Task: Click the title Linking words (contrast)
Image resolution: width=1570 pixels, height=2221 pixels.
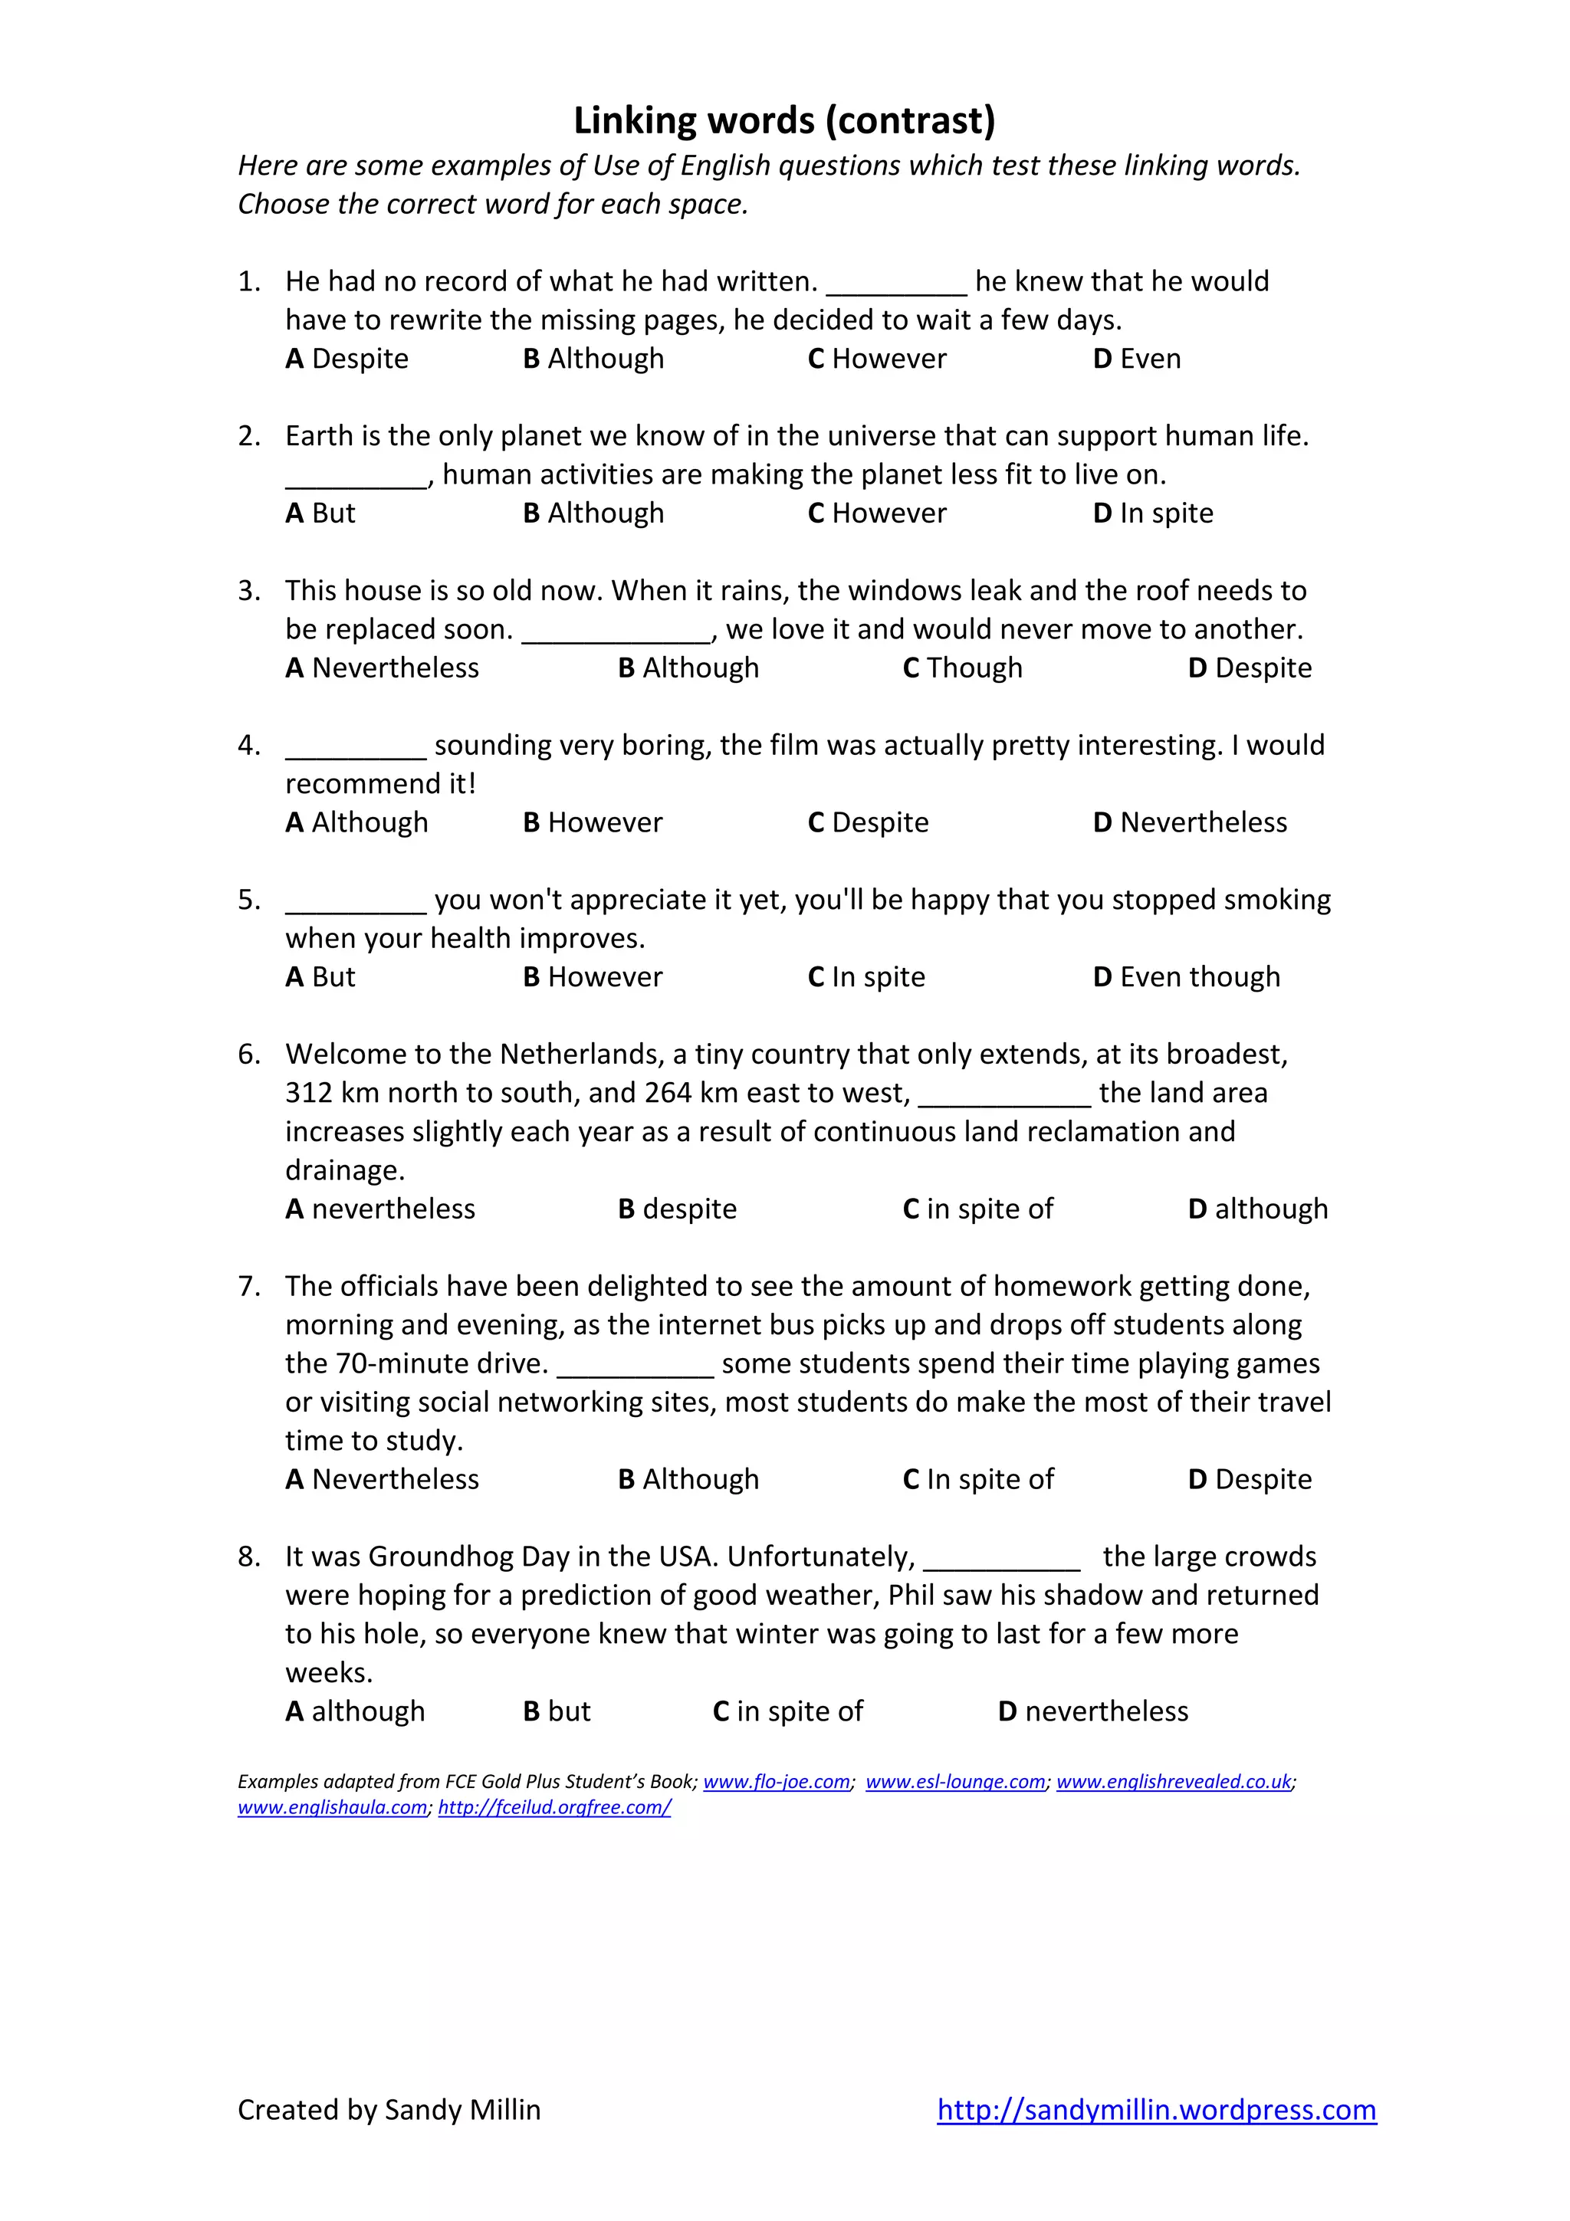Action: click(x=783, y=121)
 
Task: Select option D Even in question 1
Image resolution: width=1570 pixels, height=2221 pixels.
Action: click(x=1137, y=359)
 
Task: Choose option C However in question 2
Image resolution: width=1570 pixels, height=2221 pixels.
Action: click(x=876, y=513)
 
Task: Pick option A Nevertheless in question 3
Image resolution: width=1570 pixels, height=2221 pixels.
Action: click(x=382, y=668)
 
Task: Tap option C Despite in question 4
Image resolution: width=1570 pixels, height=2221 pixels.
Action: click(x=868, y=823)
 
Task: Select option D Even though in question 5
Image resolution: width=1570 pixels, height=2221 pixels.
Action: click(x=1186, y=977)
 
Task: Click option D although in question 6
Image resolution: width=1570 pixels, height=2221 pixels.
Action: click(x=1257, y=1209)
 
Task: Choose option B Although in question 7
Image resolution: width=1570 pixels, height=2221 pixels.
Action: click(x=688, y=1480)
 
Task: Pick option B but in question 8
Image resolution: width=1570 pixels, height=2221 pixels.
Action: click(x=557, y=1711)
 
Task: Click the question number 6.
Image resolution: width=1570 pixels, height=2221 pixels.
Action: click(x=248, y=1055)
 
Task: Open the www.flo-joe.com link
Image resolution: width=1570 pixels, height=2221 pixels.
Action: click(x=777, y=1782)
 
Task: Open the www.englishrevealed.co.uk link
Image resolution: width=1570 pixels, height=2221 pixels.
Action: click(x=1174, y=1782)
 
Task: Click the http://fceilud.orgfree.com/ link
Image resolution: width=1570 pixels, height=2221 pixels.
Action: click(x=554, y=1807)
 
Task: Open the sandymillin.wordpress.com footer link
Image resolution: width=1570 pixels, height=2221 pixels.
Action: click(x=1156, y=2110)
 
